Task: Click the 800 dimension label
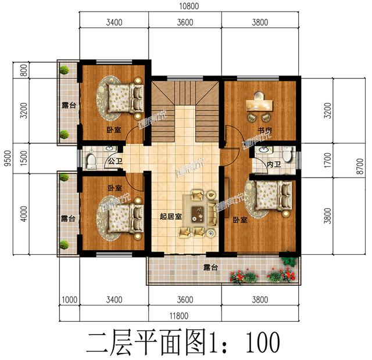24,70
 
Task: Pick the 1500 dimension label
24,157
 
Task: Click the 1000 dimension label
69,300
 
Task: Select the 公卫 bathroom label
113,162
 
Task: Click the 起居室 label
170,217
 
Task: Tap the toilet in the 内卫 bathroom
287,155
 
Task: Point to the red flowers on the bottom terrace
244,276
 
